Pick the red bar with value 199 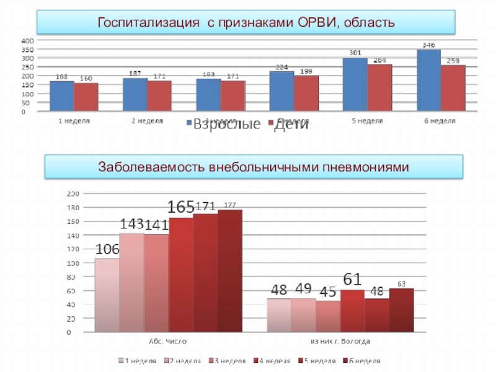(x=306, y=94)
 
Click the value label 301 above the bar (x=355, y=53)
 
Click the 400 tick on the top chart (x=27, y=40)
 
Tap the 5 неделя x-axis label (x=368, y=121)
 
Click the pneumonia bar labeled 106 (x=107, y=294)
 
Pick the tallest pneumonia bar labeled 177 (x=230, y=270)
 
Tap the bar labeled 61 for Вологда (x=353, y=311)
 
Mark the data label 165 (x=182, y=208)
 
